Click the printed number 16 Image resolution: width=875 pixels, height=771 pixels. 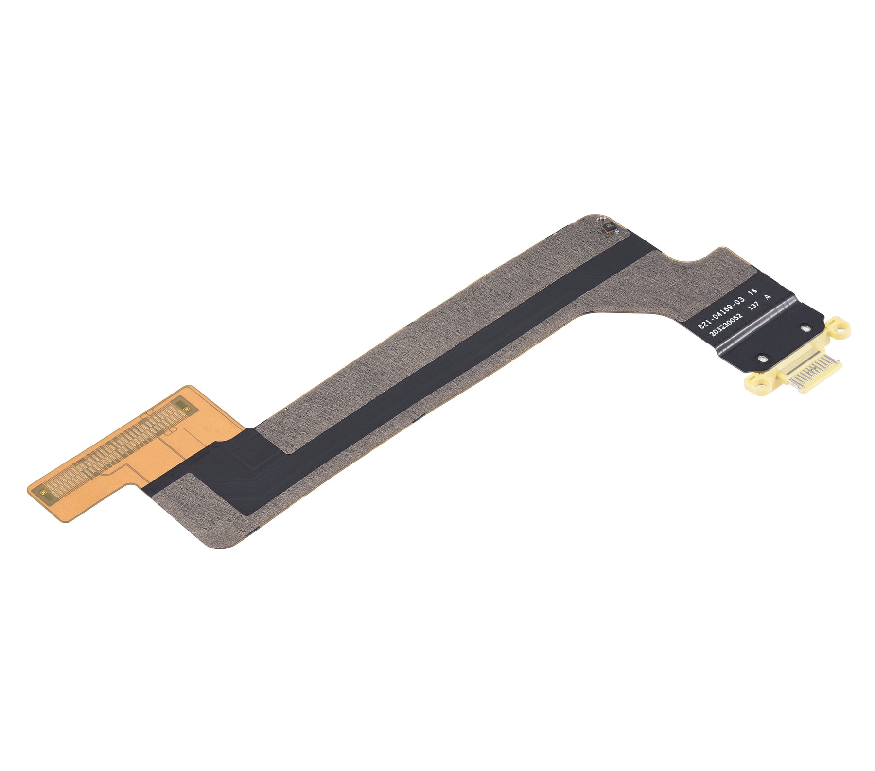coord(753,291)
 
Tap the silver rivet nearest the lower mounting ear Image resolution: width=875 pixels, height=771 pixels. coord(761,359)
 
